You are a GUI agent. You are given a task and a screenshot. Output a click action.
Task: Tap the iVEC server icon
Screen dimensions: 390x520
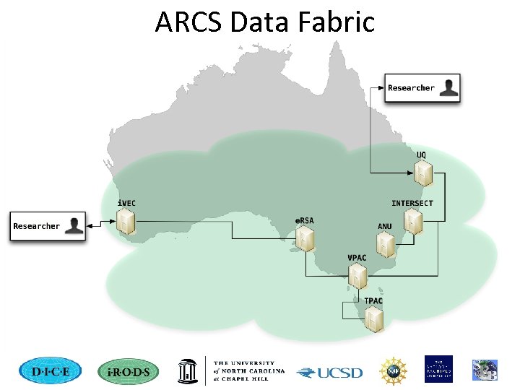pyautogui.click(x=126, y=223)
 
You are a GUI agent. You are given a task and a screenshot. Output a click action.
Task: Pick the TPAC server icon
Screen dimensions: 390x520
pyautogui.click(x=373, y=319)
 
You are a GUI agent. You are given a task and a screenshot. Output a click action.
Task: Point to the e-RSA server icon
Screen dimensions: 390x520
pyautogui.click(x=305, y=238)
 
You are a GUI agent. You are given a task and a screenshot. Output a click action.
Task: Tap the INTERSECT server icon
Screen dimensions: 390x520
pyautogui.click(x=412, y=222)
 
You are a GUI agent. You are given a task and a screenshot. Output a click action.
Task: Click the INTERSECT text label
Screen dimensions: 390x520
pyautogui.click(x=412, y=203)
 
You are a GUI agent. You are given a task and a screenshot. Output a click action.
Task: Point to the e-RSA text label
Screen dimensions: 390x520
pyautogui.click(x=304, y=220)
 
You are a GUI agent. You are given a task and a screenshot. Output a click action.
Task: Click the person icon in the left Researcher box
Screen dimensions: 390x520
pyautogui.click(x=74, y=226)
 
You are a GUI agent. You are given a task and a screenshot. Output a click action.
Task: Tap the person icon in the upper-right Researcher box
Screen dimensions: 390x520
pyautogui.click(x=449, y=87)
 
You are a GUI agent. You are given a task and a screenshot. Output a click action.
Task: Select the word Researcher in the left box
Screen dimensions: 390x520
pyautogui.click(x=37, y=226)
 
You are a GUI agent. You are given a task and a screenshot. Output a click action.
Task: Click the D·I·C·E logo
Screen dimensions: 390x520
pyautogui.click(x=51, y=371)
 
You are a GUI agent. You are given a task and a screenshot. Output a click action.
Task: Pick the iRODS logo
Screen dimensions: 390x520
pyautogui.click(x=126, y=371)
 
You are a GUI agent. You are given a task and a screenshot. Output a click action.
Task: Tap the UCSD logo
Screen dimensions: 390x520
pyautogui.click(x=330, y=373)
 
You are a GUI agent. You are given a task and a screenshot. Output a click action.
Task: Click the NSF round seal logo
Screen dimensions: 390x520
pyautogui.click(x=394, y=370)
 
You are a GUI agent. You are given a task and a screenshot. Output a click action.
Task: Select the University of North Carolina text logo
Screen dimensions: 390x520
pyautogui.click(x=248, y=371)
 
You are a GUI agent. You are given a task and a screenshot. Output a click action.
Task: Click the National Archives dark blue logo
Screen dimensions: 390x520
pyautogui.click(x=438, y=369)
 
